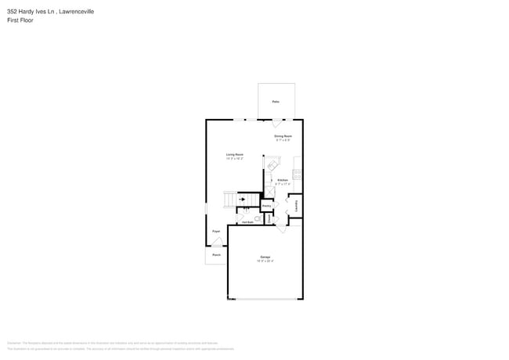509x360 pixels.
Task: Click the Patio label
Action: point(276,102)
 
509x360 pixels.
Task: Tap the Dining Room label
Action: point(282,137)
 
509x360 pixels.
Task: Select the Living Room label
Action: point(234,155)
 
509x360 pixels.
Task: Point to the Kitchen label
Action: point(283,180)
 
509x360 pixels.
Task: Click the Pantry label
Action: point(266,206)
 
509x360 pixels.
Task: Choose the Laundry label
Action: point(297,205)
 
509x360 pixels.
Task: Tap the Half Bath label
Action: point(247,221)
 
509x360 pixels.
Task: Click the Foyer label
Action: point(216,232)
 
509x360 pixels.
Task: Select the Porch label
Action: point(216,255)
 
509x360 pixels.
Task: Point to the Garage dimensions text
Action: point(265,261)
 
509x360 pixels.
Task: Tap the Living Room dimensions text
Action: point(234,159)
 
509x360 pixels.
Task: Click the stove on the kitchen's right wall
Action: point(298,172)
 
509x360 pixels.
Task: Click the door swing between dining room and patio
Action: point(276,124)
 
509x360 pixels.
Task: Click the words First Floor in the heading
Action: point(21,20)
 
